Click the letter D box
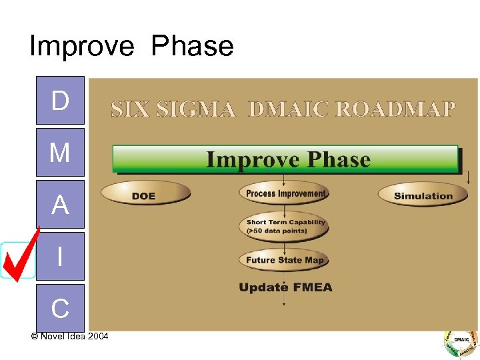(x=60, y=101)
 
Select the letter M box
(x=60, y=153)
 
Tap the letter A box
(x=60, y=205)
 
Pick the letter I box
(x=60, y=256)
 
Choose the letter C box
(x=60, y=307)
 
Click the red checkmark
(x=19, y=254)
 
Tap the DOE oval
(x=145, y=195)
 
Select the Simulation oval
(x=423, y=195)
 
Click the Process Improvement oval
(x=285, y=193)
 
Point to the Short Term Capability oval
(x=285, y=226)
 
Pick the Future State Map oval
(x=285, y=260)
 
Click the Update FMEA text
(x=285, y=287)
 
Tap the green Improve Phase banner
(x=287, y=160)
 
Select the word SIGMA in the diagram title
(x=196, y=109)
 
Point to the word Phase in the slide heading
(x=193, y=47)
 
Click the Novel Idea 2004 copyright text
(x=69, y=335)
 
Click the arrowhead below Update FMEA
(x=285, y=304)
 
